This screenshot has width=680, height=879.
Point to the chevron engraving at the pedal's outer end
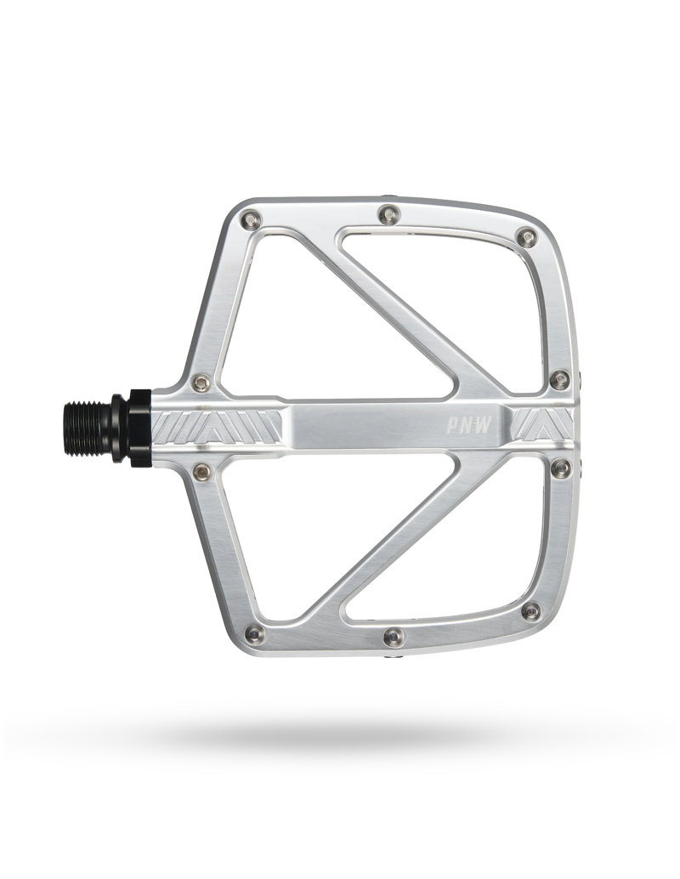click(542, 425)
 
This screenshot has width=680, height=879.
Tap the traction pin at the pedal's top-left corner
click(252, 218)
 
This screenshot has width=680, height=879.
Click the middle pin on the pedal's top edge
click(388, 213)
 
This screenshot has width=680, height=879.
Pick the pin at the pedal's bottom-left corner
click(255, 632)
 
